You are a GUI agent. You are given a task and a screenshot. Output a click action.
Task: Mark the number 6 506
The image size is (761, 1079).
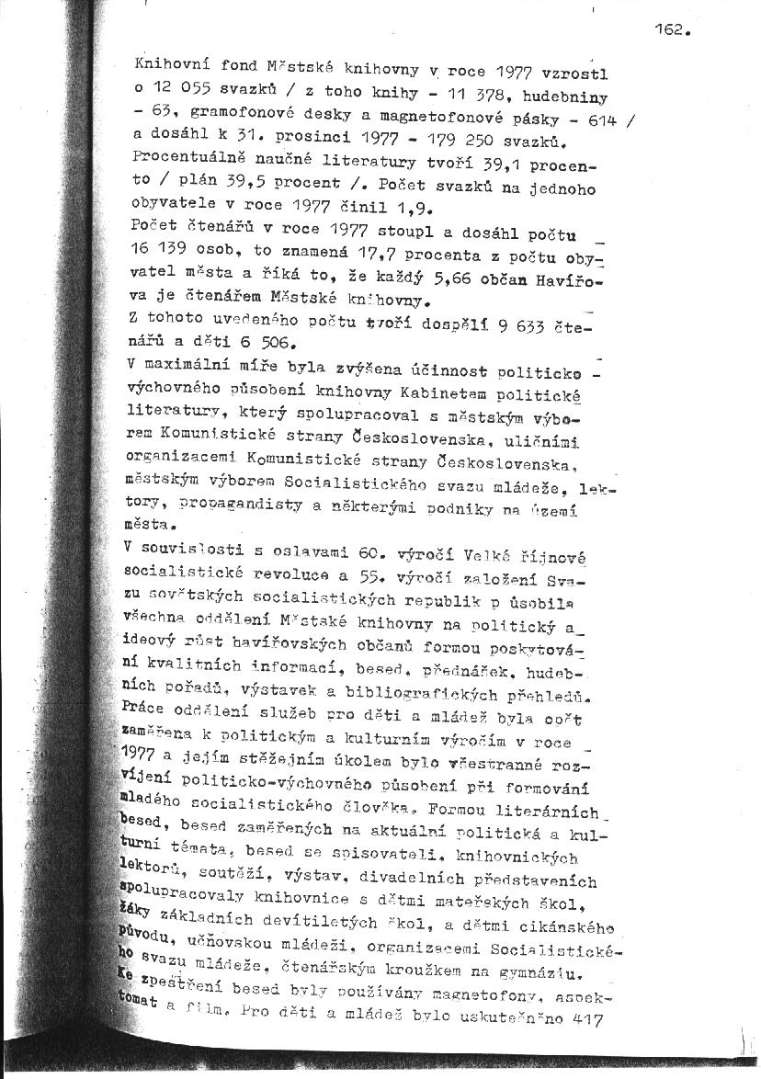(262, 344)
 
